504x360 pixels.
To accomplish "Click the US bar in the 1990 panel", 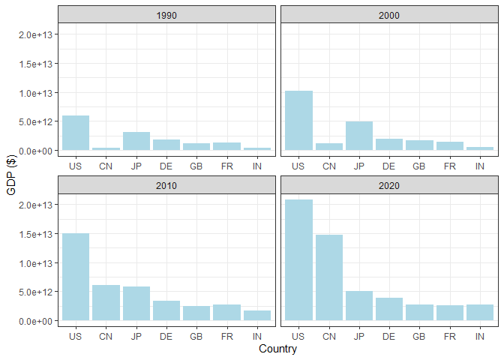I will (75, 133).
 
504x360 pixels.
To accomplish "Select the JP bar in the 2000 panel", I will (358, 136).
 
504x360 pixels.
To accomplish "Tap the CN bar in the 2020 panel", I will (328, 277).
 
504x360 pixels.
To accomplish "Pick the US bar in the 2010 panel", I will (75, 277).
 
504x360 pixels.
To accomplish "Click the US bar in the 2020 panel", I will (298, 260).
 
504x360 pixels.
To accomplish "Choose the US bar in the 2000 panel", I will (298, 121).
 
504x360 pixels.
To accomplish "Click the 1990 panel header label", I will (166, 14).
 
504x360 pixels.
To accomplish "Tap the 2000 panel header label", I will (388, 14).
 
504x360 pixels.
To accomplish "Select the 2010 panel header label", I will (166, 185).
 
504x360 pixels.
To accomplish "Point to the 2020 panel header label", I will (388, 185).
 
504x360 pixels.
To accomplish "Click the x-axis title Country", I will (277, 349).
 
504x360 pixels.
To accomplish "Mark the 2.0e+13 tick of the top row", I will (36, 34).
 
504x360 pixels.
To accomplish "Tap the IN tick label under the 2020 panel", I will (480, 336).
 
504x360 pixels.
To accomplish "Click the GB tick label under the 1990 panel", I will (196, 165).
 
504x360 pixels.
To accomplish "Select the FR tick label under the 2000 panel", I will (449, 165).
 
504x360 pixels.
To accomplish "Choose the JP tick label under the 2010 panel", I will (136, 336).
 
